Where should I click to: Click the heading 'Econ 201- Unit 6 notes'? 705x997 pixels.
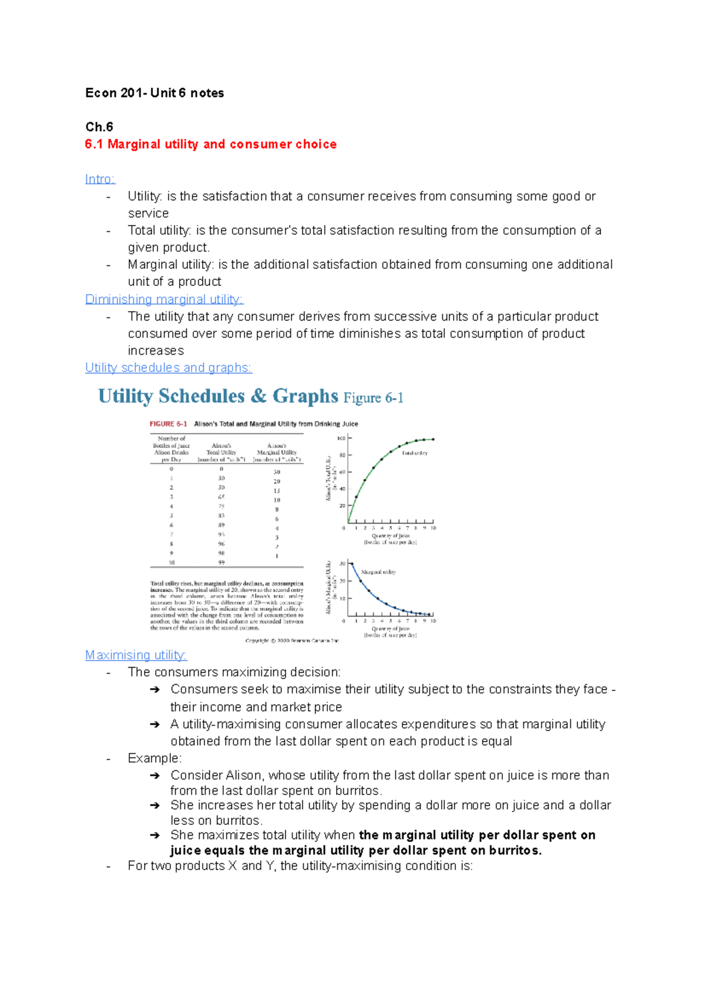[x=155, y=93]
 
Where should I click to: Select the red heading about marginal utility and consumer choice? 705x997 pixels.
[x=210, y=144]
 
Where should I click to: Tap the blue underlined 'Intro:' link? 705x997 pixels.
[x=100, y=179]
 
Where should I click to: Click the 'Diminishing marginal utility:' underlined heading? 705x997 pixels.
[x=164, y=299]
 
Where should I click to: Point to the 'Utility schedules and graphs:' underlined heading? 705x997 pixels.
[x=168, y=368]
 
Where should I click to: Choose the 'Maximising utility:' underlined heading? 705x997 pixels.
[x=136, y=655]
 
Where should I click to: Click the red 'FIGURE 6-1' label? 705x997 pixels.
[x=168, y=424]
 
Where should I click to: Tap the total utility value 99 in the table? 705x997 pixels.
[x=221, y=563]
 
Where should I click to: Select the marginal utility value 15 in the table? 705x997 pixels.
[x=277, y=491]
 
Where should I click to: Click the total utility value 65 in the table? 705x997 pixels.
[x=221, y=497]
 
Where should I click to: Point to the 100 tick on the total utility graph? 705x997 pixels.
[x=341, y=439]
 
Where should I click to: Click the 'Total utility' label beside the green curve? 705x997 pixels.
[x=415, y=453]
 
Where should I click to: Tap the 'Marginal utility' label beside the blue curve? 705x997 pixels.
[x=378, y=572]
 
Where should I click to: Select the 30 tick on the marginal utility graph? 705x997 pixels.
[x=343, y=564]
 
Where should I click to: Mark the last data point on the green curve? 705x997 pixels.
[x=433, y=439]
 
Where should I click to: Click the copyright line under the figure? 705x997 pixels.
[x=292, y=641]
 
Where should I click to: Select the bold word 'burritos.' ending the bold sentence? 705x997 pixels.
[x=515, y=851]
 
